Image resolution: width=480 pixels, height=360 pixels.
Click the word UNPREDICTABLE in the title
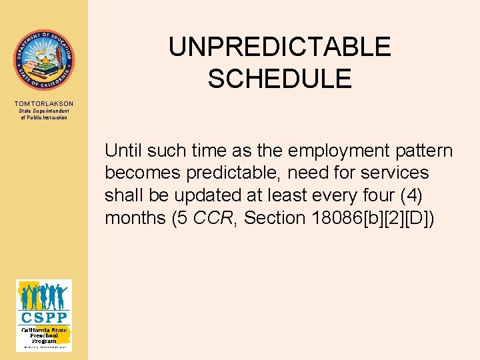[x=279, y=47]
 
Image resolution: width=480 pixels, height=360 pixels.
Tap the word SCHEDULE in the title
[x=279, y=79]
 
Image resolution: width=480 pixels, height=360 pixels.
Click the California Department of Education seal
[x=43, y=60]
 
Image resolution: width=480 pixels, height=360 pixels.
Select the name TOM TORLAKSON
[x=43, y=104]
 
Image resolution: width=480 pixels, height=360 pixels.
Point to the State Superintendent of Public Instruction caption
[x=43, y=114]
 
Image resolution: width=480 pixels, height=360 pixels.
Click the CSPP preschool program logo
[x=43, y=315]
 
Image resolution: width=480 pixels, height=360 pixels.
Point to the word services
[x=395, y=173]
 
